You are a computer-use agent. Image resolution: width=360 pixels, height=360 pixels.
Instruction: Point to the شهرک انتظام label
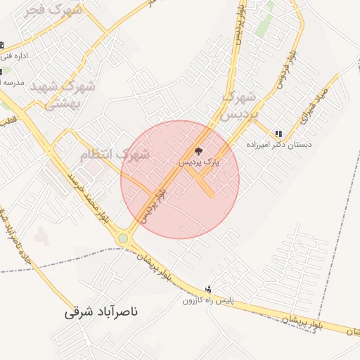click(x=114, y=154)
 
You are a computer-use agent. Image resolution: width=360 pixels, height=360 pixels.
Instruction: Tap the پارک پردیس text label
click(x=198, y=162)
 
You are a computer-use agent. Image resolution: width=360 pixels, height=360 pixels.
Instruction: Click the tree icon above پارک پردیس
click(x=198, y=150)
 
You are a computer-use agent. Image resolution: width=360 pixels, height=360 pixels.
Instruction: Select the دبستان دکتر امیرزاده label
click(x=278, y=144)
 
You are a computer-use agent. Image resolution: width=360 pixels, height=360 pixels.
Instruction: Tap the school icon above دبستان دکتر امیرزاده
click(x=279, y=133)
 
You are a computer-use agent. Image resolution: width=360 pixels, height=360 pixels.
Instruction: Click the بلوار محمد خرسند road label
click(x=87, y=198)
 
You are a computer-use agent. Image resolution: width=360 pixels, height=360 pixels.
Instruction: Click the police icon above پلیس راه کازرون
click(x=207, y=289)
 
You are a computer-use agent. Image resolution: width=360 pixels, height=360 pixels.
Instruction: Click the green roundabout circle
click(x=124, y=238)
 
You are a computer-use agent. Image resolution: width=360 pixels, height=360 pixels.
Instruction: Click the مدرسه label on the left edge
click(x=12, y=82)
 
